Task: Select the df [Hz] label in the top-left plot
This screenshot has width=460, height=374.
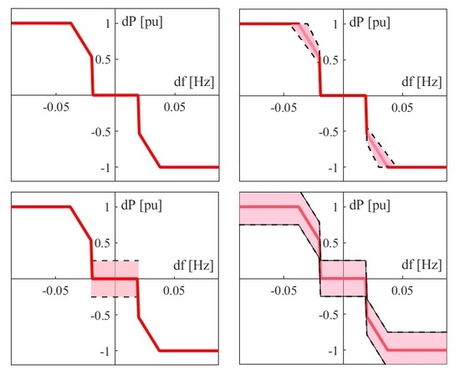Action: (x=195, y=82)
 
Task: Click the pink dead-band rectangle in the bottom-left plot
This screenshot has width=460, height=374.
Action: (x=115, y=279)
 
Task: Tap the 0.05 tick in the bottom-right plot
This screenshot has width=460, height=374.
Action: (x=405, y=291)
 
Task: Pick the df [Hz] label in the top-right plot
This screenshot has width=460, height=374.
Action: (x=424, y=82)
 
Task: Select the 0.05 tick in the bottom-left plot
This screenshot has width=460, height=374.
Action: (x=176, y=291)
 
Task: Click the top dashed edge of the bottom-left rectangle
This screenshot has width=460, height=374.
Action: (x=115, y=261)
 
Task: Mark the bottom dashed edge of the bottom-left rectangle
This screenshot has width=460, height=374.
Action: (x=115, y=297)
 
